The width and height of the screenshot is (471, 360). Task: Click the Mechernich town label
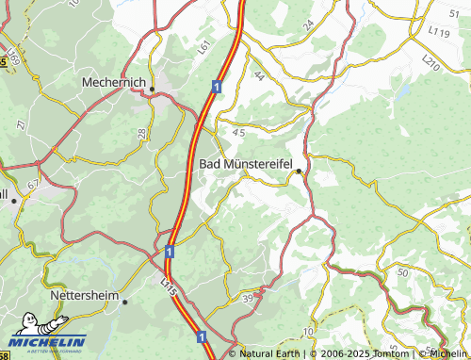coord(114,82)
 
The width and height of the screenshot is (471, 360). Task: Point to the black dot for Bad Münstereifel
coord(299,171)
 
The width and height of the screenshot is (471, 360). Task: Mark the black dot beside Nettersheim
coord(124,302)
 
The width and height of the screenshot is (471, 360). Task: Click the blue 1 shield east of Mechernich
coord(217,87)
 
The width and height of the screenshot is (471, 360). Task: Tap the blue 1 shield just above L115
coord(169,252)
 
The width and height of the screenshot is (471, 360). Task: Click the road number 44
coord(258,75)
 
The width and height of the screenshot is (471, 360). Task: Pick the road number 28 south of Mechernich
coord(142,135)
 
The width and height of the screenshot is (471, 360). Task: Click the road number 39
coord(248,299)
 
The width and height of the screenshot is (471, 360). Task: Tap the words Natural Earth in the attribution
coord(270,353)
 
